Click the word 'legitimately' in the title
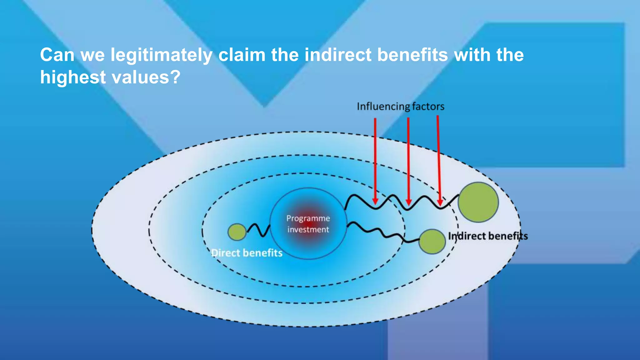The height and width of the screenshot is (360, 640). [x=161, y=55]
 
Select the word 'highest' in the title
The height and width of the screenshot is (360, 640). [x=73, y=77]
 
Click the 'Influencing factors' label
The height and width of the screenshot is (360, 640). [x=400, y=107]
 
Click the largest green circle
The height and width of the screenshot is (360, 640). [x=478, y=202]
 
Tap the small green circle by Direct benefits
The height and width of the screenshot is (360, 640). [x=237, y=232]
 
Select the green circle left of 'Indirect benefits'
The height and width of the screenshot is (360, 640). [x=432, y=241]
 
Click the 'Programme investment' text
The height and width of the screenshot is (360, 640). [x=308, y=224]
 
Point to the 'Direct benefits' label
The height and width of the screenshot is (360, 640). [x=247, y=253]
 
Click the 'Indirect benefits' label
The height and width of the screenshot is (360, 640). [x=488, y=236]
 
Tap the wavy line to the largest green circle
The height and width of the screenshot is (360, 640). [x=400, y=202]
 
